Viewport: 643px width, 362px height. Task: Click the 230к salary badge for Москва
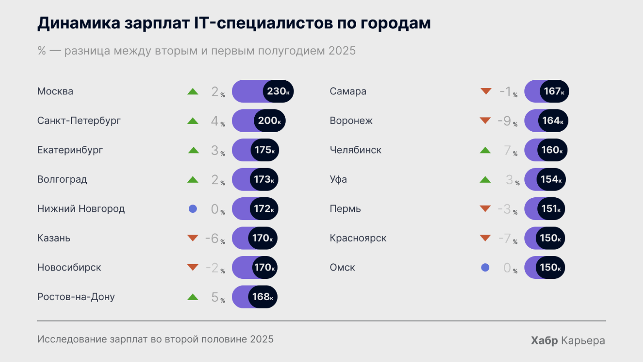pos(278,91)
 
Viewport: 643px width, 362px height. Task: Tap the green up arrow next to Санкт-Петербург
pos(193,121)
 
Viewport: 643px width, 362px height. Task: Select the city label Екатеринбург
pos(70,150)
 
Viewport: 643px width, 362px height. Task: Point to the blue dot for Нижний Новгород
pos(193,209)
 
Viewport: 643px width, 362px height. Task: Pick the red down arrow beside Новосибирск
pos(193,267)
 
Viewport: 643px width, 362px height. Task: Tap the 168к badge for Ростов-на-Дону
pos(263,297)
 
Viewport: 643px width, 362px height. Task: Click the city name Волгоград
pos(62,179)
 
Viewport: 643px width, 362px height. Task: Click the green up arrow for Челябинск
pos(485,150)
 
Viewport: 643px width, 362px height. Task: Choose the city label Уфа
pos(338,179)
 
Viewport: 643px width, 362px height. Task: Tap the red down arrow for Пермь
pos(485,208)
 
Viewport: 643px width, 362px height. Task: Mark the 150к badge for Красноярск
pos(550,238)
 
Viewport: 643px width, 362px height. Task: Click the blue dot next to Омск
pos(485,268)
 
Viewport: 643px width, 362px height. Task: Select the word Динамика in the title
pos(79,23)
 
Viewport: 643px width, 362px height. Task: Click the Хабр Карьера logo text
pos(568,340)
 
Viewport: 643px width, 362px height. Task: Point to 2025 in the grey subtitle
pos(342,51)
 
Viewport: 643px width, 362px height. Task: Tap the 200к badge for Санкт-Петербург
pos(269,121)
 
